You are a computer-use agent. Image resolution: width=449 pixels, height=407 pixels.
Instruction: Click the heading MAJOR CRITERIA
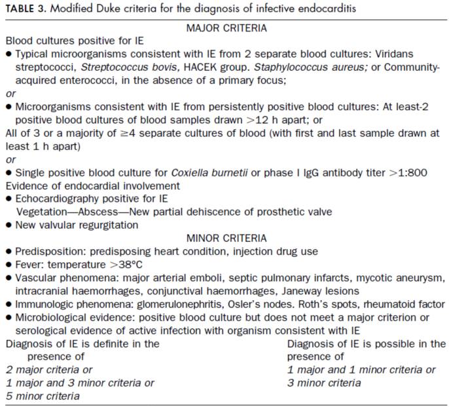click(226, 28)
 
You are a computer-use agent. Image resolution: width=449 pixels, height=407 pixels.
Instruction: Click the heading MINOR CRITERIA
click(226, 237)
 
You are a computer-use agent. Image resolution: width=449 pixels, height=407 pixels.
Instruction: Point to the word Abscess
click(97, 211)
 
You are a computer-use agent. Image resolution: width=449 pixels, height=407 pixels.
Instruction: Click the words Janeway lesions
click(309, 290)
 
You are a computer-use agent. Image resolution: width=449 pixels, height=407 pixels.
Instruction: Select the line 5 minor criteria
click(43, 396)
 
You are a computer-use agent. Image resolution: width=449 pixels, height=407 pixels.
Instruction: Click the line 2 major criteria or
click(49, 370)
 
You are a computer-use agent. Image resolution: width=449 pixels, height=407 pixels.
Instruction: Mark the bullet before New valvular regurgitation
click(8, 225)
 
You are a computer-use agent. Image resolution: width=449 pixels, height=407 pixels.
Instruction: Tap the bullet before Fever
click(8, 264)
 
